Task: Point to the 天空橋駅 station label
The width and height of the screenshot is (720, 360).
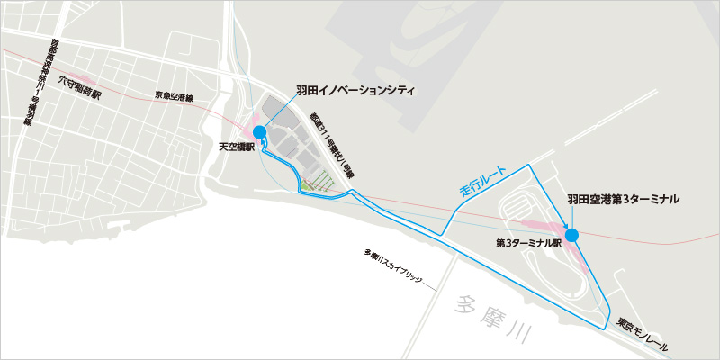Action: pos(237,144)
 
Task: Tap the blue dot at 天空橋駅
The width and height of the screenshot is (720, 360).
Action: pos(260,133)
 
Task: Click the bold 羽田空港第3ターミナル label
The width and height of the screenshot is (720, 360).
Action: pos(623,198)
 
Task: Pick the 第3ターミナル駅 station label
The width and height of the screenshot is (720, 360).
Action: pos(529,243)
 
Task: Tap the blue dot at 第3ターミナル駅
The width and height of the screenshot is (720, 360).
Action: pos(571,236)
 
